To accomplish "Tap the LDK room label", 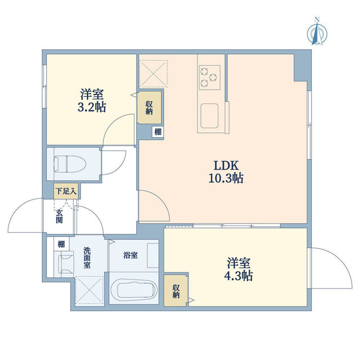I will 227,166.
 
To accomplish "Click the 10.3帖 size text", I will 227,179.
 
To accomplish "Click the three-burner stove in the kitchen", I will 210,76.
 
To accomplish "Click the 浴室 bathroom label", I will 130,255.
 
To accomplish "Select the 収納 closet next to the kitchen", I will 150,107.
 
